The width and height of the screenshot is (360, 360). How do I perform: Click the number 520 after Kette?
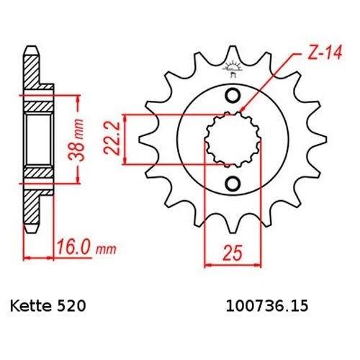tap(74, 306)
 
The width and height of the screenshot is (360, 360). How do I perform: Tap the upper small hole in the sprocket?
tap(232, 97)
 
